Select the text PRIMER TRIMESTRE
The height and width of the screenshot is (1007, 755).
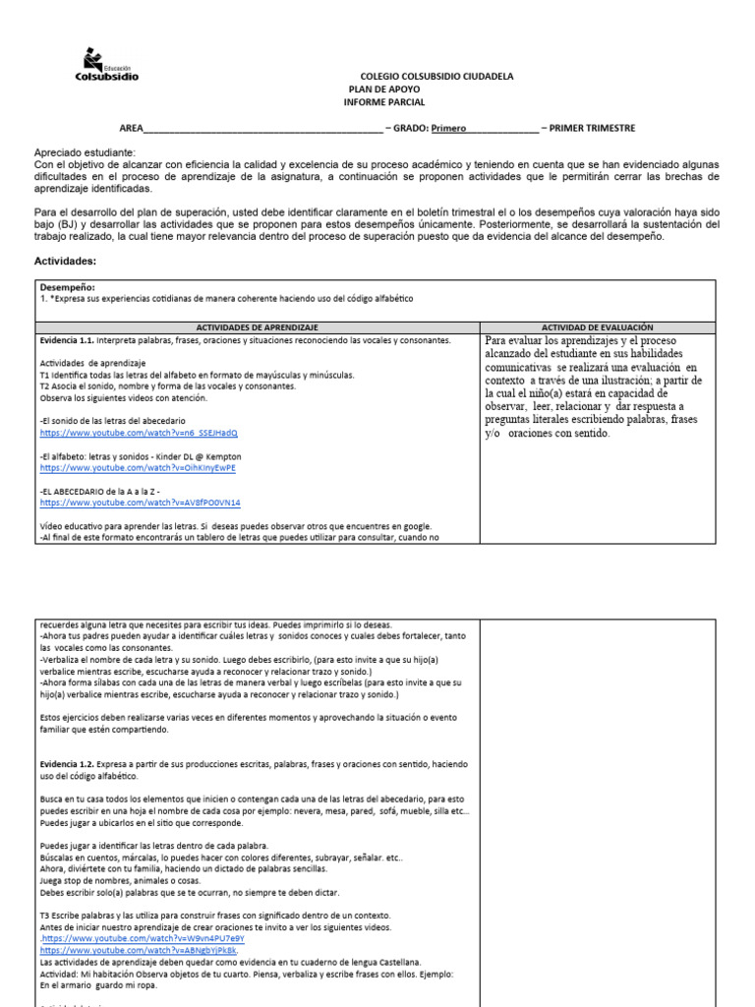[x=592, y=128]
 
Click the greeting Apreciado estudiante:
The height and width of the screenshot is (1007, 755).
[x=84, y=153]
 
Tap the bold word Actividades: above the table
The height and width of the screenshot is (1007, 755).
[x=66, y=262]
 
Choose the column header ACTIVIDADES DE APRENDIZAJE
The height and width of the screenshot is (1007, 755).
[x=257, y=326]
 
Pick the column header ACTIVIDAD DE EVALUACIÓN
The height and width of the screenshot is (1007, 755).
[x=598, y=326]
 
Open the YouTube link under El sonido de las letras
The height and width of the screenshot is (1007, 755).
[x=139, y=433]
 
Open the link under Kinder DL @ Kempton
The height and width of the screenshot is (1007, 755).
[x=138, y=468]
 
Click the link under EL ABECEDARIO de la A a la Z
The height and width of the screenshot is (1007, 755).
[x=141, y=503]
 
